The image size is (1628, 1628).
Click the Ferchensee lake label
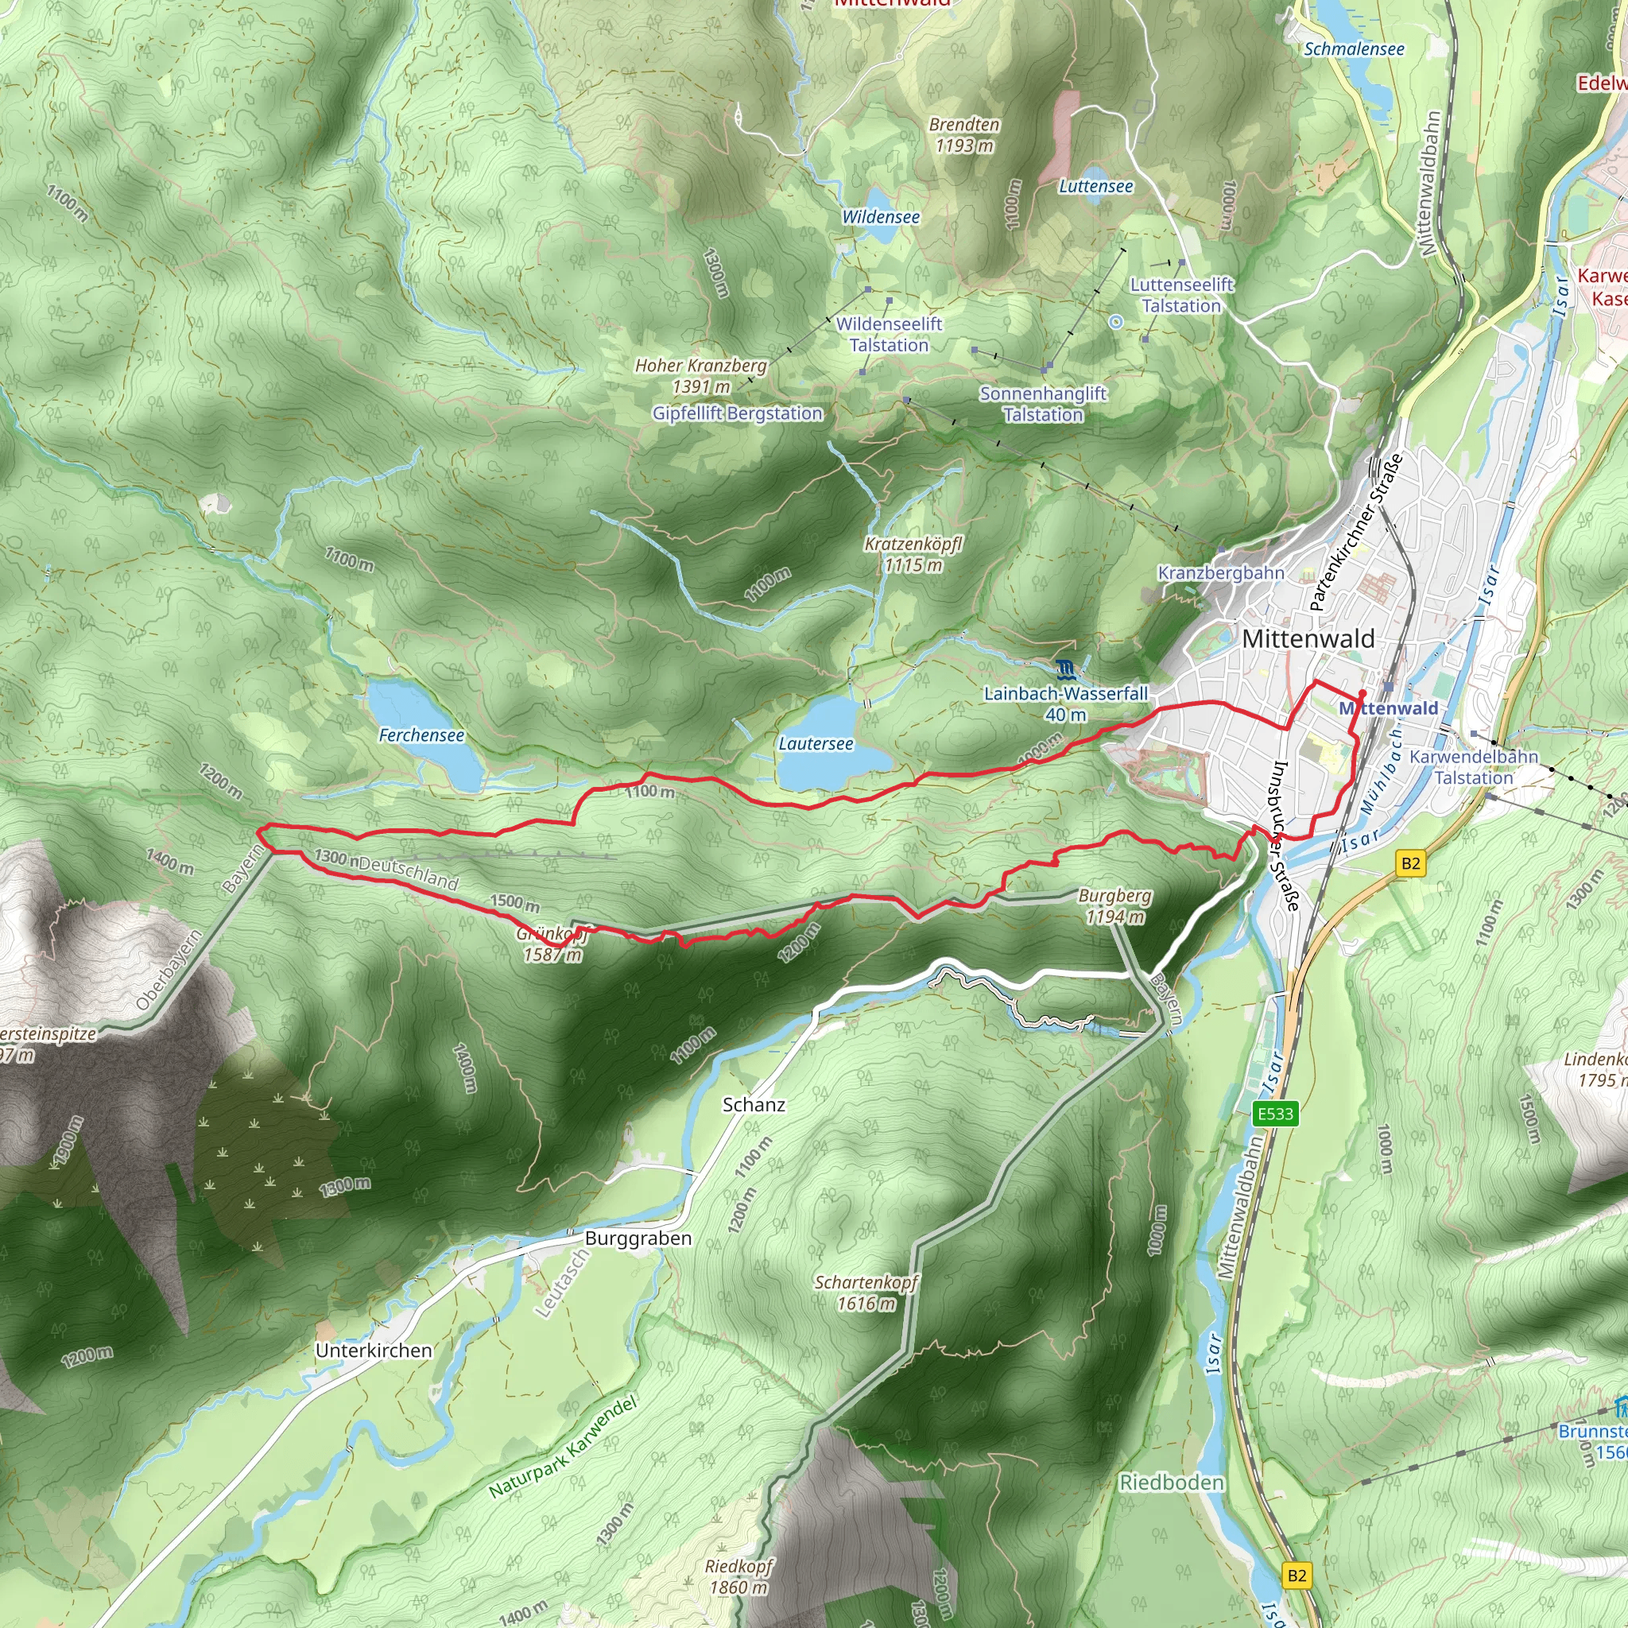(421, 735)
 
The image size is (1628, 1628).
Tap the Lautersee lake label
(815, 743)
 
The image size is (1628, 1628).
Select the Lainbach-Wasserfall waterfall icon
(1066, 670)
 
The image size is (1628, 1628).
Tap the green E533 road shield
(1275, 1113)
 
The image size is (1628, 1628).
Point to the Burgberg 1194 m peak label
(1114, 906)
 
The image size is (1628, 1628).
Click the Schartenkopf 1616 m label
(866, 1293)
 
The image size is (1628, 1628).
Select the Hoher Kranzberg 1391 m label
(700, 376)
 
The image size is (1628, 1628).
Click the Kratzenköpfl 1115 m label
(913, 555)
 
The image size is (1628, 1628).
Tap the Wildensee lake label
(881, 216)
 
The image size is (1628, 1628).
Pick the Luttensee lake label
(1095, 186)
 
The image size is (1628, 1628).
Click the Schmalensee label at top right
(1354, 48)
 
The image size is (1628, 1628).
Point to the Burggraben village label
(638, 1238)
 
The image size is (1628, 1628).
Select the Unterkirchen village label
(374, 1350)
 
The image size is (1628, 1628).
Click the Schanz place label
(754, 1105)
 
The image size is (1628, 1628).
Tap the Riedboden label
(1171, 1483)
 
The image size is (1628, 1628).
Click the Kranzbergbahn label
(1220, 573)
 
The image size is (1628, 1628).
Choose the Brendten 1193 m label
(964, 135)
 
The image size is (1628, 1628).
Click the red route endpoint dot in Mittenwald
(1362, 693)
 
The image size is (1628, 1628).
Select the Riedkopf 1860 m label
(738, 1576)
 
